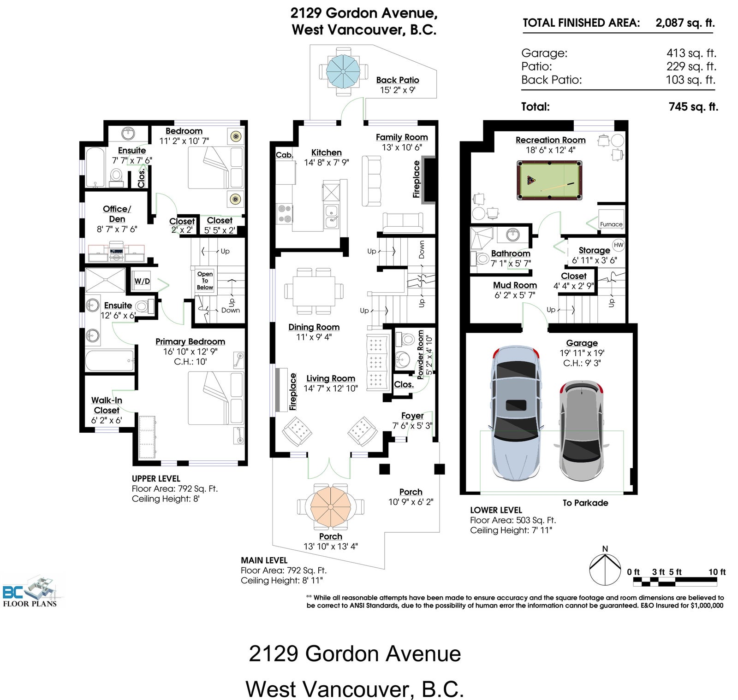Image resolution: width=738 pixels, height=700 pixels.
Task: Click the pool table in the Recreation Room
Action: click(x=549, y=180)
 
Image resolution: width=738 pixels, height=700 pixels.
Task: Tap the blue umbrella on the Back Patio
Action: click(x=343, y=71)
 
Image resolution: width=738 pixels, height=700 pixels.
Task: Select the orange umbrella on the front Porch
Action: click(x=331, y=506)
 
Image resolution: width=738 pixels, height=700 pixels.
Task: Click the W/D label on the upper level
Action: click(x=142, y=281)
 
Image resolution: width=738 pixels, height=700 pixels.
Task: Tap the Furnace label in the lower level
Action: click(x=611, y=224)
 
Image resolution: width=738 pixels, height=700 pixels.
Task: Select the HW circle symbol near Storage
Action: click(x=619, y=245)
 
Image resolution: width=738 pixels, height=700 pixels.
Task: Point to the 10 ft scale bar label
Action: click(x=717, y=572)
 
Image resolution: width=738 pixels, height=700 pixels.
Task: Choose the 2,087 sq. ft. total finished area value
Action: click(x=685, y=23)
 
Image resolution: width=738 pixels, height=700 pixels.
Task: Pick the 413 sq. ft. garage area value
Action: click(x=691, y=53)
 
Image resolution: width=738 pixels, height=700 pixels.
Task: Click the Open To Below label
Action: click(x=205, y=280)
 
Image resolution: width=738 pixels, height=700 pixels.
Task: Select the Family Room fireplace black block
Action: click(x=429, y=180)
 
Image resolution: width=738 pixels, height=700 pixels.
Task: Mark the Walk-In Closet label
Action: click(x=107, y=405)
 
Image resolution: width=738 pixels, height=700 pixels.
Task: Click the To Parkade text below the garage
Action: click(x=585, y=503)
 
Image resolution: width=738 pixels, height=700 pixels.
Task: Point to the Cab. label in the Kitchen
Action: click(x=284, y=155)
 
